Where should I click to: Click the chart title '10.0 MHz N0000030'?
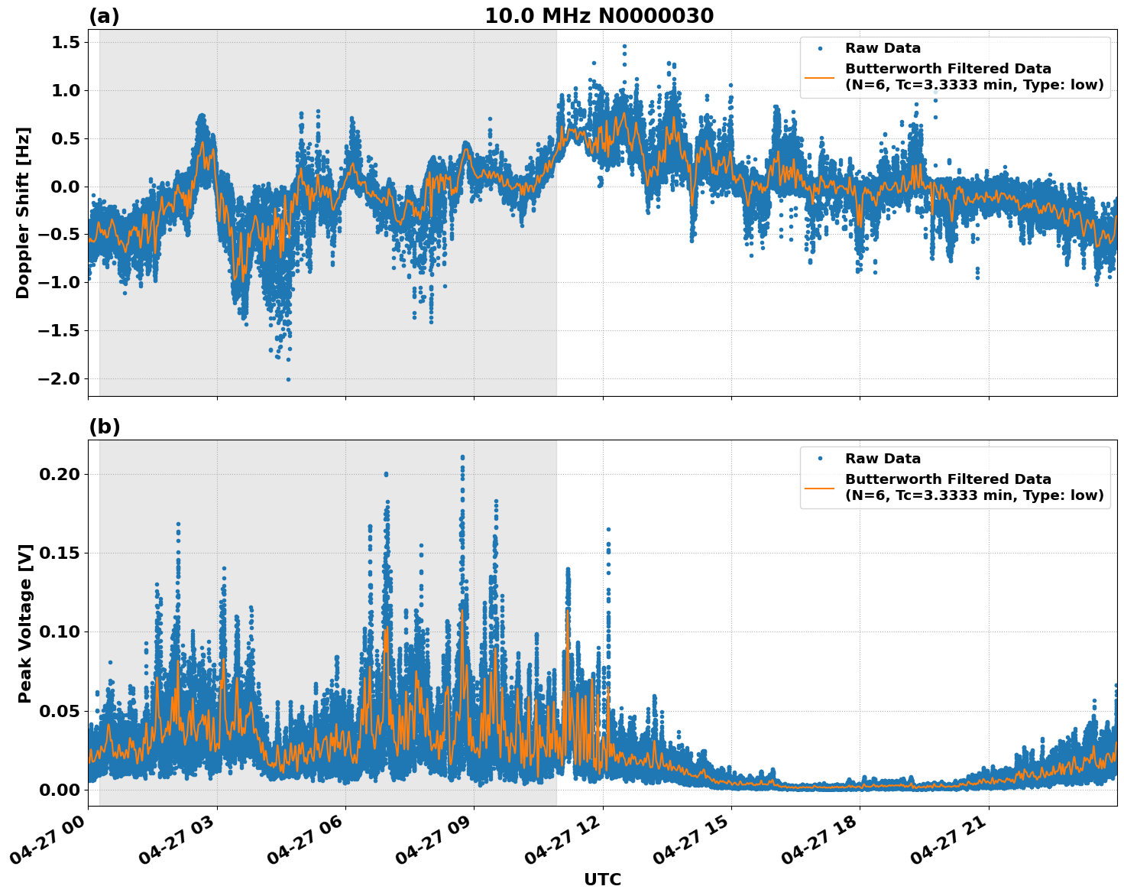[599, 16]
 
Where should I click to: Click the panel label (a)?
[104, 16]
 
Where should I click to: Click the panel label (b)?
[104, 427]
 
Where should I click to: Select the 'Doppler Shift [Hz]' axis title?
[23, 213]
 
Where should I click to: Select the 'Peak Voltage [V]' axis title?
[25, 623]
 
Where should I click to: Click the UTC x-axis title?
[602, 879]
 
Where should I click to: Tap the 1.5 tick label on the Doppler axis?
[65, 43]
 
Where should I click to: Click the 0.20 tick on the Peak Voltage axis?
[59, 474]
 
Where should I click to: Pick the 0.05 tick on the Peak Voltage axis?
[59, 711]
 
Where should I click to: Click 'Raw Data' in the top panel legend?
[883, 48]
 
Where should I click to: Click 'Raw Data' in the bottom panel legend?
[883, 459]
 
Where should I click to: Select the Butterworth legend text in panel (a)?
[973, 76]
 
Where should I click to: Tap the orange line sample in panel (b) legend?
[820, 487]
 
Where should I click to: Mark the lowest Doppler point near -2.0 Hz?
[288, 379]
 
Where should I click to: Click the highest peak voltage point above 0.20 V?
[462, 457]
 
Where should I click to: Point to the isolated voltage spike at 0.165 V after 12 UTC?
[608, 529]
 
